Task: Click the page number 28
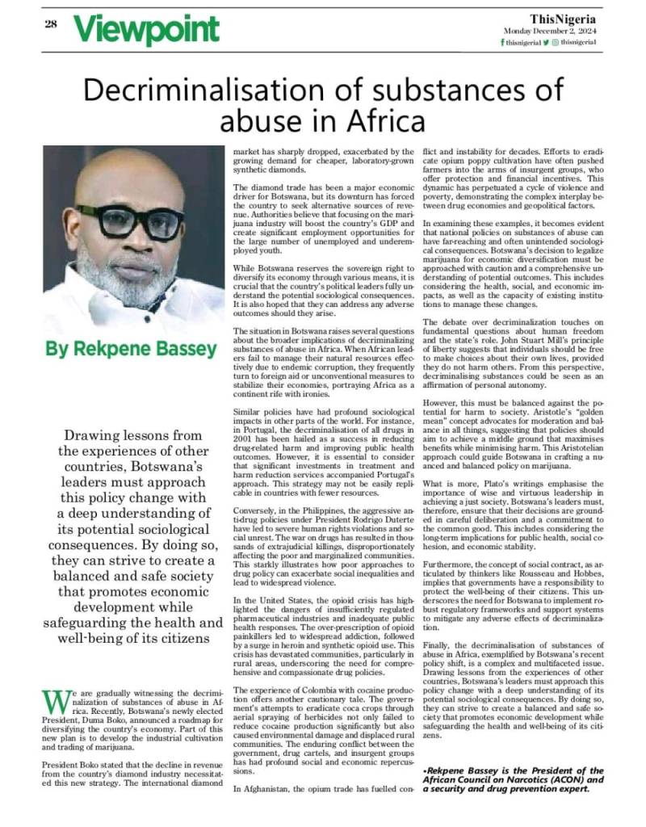[x=50, y=23]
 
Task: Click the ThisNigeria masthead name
[x=563, y=17]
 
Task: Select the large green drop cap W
[x=51, y=701]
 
